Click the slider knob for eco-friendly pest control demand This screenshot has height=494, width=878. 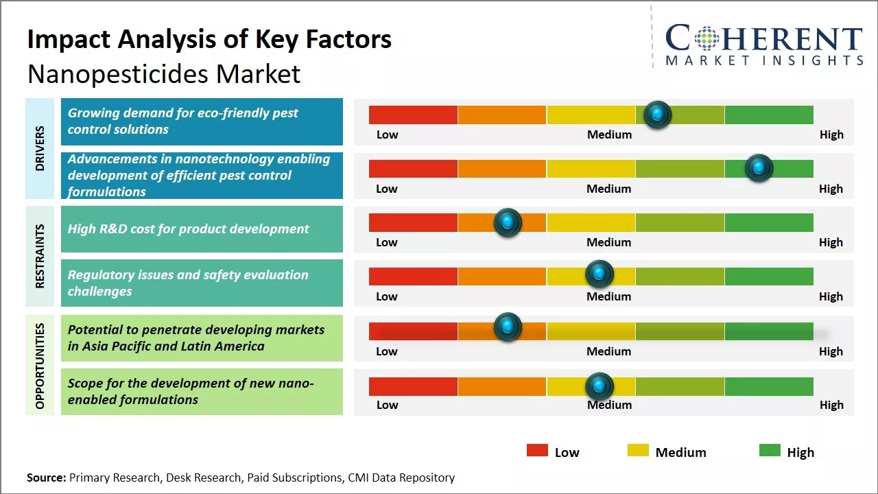click(x=658, y=115)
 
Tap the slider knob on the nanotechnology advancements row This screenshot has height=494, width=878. click(x=759, y=168)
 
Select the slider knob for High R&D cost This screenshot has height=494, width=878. click(x=508, y=222)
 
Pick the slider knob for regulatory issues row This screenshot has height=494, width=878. click(x=600, y=274)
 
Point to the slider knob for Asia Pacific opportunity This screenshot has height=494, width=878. click(x=508, y=327)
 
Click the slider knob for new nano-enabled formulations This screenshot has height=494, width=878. click(x=600, y=386)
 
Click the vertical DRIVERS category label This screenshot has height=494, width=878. click(x=39, y=148)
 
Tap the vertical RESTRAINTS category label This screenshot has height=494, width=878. click(x=39, y=256)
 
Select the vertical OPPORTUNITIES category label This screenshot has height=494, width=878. click(x=39, y=366)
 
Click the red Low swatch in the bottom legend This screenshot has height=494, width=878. click(x=537, y=451)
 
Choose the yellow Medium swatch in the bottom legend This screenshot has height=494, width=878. click(x=638, y=451)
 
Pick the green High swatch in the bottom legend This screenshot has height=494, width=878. click(x=770, y=451)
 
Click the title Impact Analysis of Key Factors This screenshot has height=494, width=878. click(x=209, y=40)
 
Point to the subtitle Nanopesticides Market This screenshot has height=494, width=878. click(x=164, y=73)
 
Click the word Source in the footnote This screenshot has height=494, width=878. click(x=46, y=478)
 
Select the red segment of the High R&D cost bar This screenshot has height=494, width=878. click(x=413, y=222)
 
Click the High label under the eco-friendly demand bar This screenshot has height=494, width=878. click(x=831, y=134)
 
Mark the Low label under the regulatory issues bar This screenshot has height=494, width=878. click(x=387, y=296)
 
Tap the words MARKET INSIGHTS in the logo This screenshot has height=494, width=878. click(x=764, y=60)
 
